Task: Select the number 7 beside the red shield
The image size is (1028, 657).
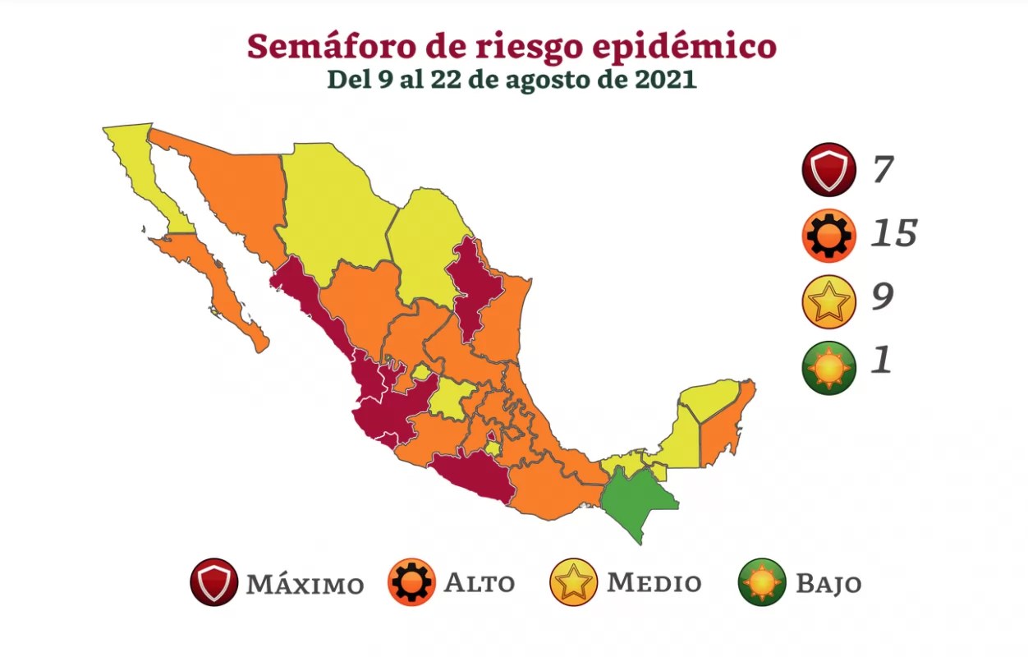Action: click(x=881, y=171)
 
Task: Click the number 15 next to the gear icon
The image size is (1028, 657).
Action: click(x=893, y=234)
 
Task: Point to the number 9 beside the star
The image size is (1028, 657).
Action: click(x=882, y=297)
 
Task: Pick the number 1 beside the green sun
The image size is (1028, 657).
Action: click(x=880, y=361)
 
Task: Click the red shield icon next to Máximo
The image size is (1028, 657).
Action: click(x=213, y=581)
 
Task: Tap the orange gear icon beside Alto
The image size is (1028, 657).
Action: click(x=411, y=581)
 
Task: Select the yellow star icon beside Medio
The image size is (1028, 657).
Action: click(x=573, y=581)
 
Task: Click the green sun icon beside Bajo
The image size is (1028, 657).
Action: click(x=762, y=581)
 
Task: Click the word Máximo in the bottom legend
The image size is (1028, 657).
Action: click(x=305, y=584)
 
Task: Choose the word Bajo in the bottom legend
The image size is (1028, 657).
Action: click(x=828, y=584)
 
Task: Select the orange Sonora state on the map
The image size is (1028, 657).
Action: click(x=238, y=189)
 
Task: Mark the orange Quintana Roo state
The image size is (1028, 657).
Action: click(x=723, y=427)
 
